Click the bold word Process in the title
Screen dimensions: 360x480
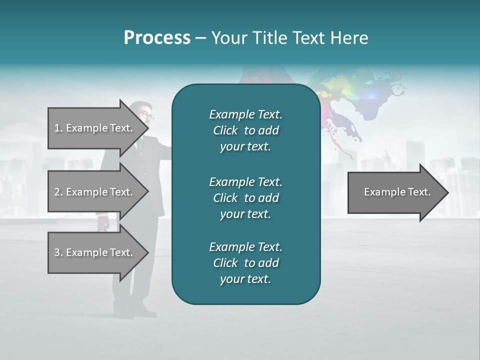click(x=157, y=38)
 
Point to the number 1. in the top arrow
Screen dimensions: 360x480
click(x=58, y=128)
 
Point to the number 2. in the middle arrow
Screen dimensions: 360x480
click(x=58, y=192)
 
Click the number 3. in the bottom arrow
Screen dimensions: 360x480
click(x=58, y=252)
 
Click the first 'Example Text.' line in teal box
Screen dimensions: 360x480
click(x=245, y=114)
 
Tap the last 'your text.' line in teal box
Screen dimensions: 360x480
click(x=245, y=279)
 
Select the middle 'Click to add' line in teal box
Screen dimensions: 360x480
click(x=245, y=198)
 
